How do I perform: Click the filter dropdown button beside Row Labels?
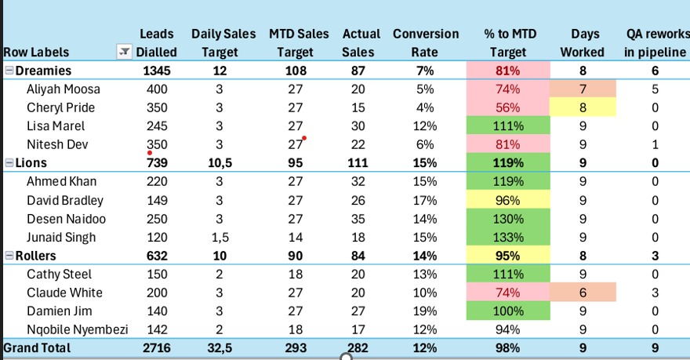[x=123, y=52]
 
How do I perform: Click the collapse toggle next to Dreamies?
[x=9, y=71]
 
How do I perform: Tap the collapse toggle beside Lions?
[x=9, y=163]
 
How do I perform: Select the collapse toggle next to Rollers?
[x=9, y=256]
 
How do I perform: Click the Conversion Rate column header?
[x=426, y=42]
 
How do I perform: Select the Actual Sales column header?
[x=361, y=42]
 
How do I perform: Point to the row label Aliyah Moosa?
[x=64, y=89]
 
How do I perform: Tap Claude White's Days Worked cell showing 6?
[x=583, y=293]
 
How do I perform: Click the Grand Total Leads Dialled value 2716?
[x=157, y=347]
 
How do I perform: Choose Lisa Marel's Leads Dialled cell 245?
[x=157, y=125]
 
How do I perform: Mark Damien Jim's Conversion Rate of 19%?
[x=426, y=311]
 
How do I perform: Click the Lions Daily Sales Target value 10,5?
[x=219, y=163]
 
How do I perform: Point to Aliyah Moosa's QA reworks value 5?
[x=655, y=89]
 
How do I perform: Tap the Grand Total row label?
[x=38, y=347]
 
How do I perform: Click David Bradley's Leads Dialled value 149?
[x=157, y=200]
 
